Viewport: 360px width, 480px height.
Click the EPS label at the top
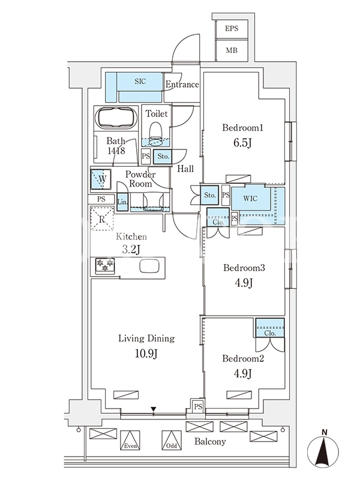232,28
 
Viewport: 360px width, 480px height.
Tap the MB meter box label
232,50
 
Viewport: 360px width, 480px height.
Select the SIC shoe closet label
140,82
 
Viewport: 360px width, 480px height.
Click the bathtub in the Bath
116,118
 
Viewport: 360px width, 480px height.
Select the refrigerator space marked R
102,218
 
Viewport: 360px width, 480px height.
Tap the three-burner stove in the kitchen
105,265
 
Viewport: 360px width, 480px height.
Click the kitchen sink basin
149,266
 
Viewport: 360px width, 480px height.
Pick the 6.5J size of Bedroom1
242,143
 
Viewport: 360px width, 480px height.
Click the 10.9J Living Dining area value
146,354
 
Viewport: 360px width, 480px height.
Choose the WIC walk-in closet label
250,199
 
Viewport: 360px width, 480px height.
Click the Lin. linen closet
122,202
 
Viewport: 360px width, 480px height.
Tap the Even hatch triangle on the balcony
130,440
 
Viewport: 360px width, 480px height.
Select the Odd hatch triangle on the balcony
172,440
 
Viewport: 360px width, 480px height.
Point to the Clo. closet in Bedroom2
270,328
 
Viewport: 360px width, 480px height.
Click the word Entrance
182,85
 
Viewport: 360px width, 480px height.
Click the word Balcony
211,442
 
